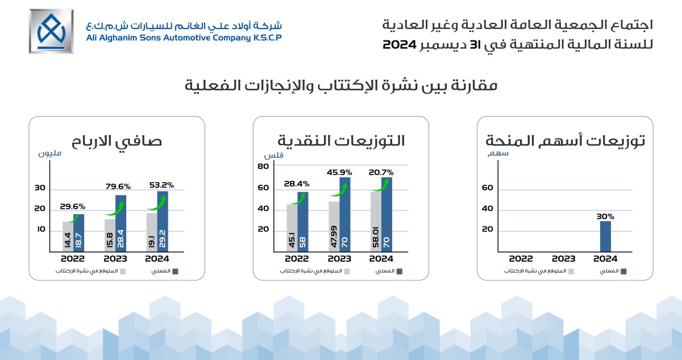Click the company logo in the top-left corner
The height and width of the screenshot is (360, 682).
[x=51, y=31]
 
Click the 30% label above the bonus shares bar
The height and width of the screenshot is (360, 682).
[x=606, y=216]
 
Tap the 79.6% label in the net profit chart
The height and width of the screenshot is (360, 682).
[x=118, y=186]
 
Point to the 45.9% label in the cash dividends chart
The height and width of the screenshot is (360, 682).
[x=339, y=172]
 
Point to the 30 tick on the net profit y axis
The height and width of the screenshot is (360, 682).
[x=40, y=188]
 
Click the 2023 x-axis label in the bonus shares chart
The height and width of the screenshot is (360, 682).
[x=564, y=259]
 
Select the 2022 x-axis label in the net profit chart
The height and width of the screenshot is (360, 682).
[x=73, y=259]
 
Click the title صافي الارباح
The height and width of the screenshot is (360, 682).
[x=117, y=142]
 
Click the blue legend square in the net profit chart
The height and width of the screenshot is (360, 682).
[x=175, y=272]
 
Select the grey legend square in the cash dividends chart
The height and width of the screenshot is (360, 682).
[x=347, y=272]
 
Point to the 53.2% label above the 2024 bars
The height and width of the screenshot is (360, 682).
[x=161, y=185]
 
